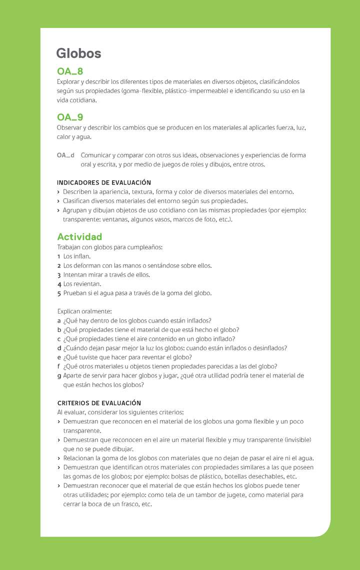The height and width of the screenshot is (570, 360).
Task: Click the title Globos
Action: pos(78,53)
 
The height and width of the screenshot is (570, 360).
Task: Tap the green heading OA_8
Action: pos(70,71)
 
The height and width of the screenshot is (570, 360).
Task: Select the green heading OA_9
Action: pos(70,117)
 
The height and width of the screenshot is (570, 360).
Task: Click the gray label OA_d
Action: pos(65,155)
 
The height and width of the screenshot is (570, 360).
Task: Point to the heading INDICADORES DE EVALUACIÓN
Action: pos(104,182)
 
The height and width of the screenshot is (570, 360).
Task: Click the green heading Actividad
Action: pos(79,237)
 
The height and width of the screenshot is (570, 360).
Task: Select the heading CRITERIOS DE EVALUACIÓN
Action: pos(99,403)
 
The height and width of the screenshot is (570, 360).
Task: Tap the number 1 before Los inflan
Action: pos(59,256)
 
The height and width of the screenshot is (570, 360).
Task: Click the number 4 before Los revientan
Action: pos(59,284)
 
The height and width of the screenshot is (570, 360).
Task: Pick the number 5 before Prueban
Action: pos(59,293)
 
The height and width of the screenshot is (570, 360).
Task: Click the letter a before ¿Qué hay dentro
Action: pos(59,321)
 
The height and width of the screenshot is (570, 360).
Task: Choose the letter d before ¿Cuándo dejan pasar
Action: pos(59,348)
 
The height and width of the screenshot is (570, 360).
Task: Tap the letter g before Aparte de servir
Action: pos(59,376)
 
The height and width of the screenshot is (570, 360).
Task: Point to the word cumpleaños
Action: pos(144,247)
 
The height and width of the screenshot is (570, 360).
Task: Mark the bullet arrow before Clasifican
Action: pos(58,201)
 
